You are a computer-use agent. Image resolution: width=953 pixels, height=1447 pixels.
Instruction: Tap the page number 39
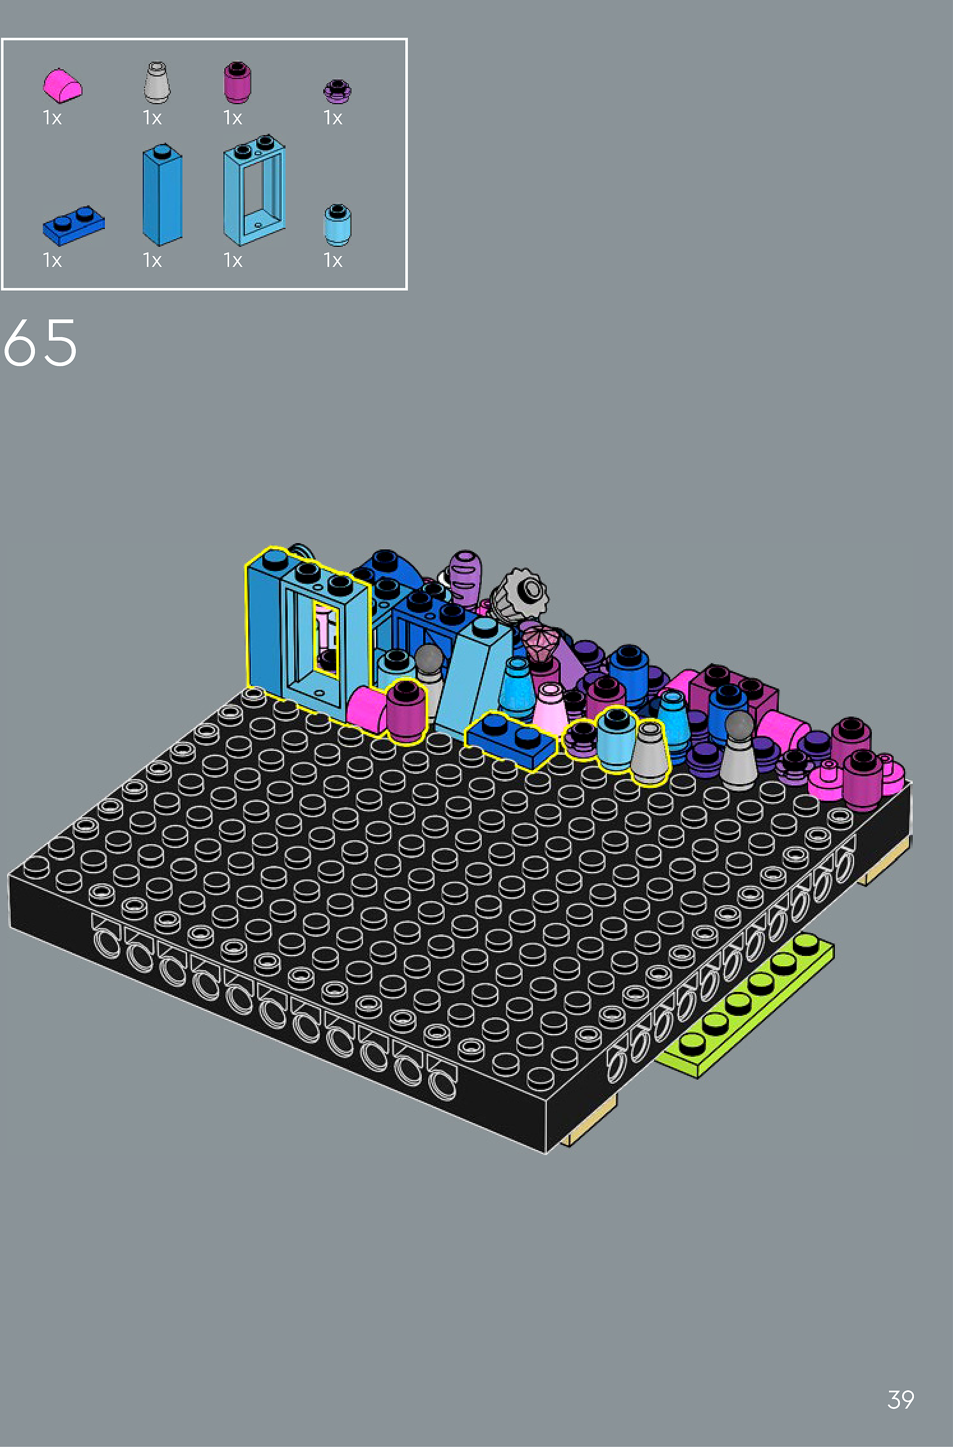(x=901, y=1399)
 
